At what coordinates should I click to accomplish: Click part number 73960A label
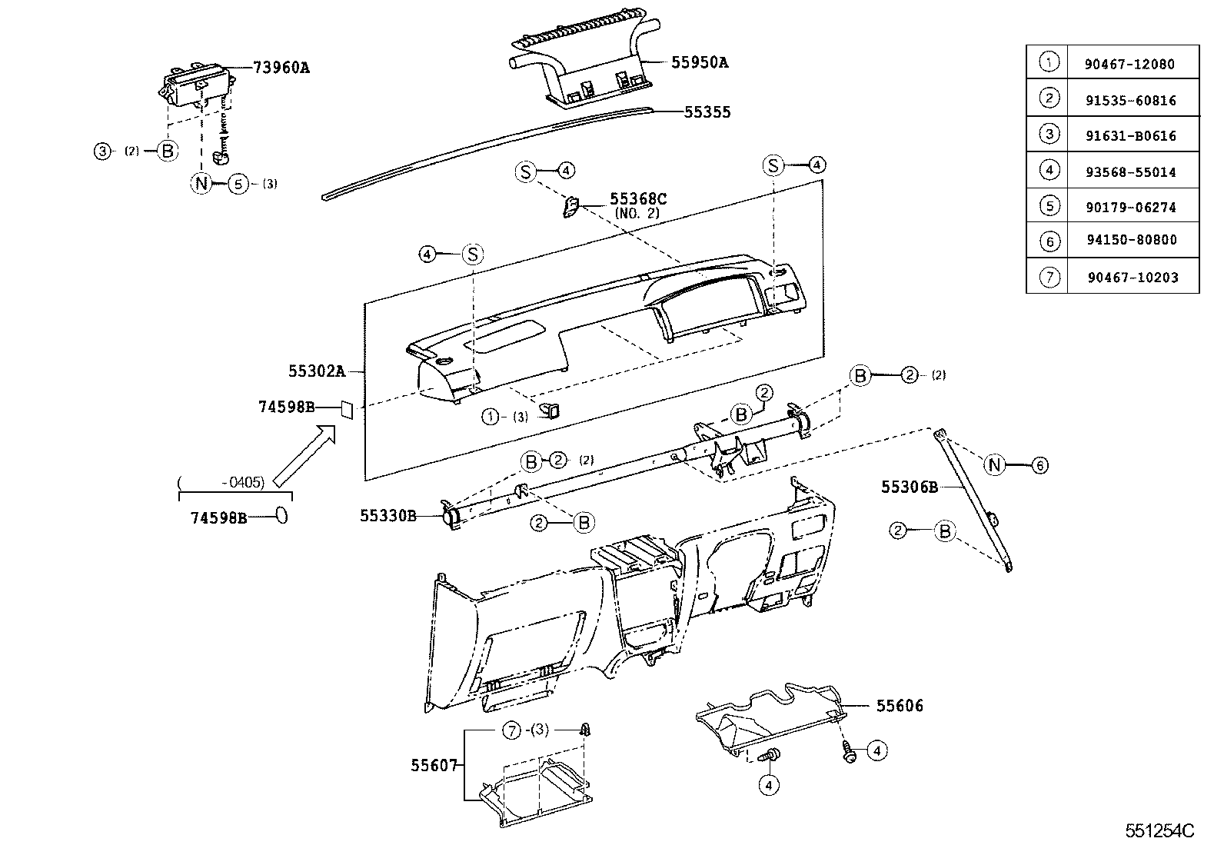281,68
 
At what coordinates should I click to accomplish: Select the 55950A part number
699,62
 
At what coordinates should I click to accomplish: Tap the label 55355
707,112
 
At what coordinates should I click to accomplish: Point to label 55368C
638,200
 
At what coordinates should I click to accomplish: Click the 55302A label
317,371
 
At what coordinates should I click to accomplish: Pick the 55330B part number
387,515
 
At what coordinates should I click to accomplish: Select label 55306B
910,487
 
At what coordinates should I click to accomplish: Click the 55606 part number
900,705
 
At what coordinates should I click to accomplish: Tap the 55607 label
434,765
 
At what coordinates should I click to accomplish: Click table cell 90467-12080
1129,65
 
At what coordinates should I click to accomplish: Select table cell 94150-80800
1131,240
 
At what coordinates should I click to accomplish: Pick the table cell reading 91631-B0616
1130,136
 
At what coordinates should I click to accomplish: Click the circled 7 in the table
1049,277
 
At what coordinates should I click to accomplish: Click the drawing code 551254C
1160,831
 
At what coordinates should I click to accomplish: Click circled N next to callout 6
995,464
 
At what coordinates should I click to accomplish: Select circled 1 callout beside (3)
491,417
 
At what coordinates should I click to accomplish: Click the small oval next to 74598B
281,516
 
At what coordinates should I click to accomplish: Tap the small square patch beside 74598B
346,409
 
